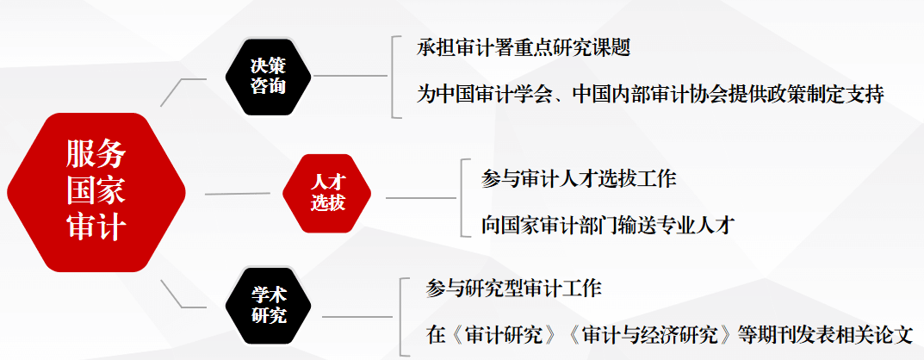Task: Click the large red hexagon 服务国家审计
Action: (x=96, y=191)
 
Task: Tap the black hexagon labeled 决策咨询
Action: (x=268, y=77)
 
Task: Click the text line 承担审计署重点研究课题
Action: (x=524, y=48)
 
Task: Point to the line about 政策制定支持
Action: (x=650, y=94)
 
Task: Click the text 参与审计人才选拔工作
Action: (x=579, y=179)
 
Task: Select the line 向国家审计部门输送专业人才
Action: (x=607, y=226)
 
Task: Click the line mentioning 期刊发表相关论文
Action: (x=669, y=334)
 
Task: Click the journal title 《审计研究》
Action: (x=502, y=334)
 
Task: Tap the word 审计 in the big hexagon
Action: (x=96, y=228)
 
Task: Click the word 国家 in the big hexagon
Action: (x=96, y=191)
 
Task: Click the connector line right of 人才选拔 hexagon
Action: (x=420, y=197)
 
